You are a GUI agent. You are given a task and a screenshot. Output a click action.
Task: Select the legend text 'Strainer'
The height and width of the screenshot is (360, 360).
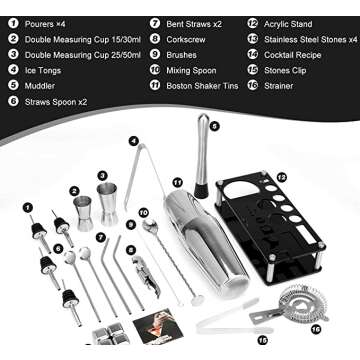[280, 87]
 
